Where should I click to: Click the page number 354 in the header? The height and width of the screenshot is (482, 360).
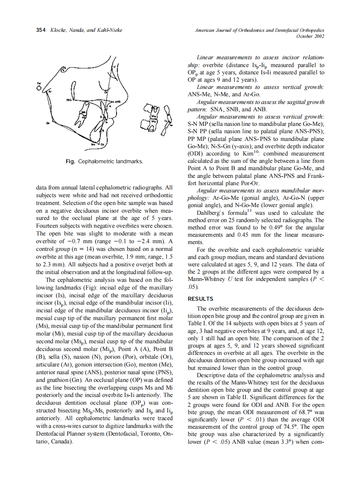coord(41,30)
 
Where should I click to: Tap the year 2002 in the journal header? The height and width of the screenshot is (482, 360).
coord(317,36)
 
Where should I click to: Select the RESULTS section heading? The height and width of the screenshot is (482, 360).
coord(200,299)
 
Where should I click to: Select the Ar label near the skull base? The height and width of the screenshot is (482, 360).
coord(49,92)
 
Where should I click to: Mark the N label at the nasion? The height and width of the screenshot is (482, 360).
coord(115,67)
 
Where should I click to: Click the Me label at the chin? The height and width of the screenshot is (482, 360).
coord(93,145)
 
